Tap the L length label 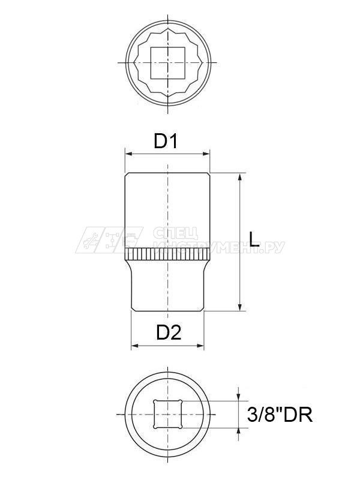[x=254, y=241]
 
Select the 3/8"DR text [x=280, y=415]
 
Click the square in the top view [x=167, y=63]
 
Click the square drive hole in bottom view [x=167, y=415]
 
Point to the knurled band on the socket [x=167, y=254]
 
